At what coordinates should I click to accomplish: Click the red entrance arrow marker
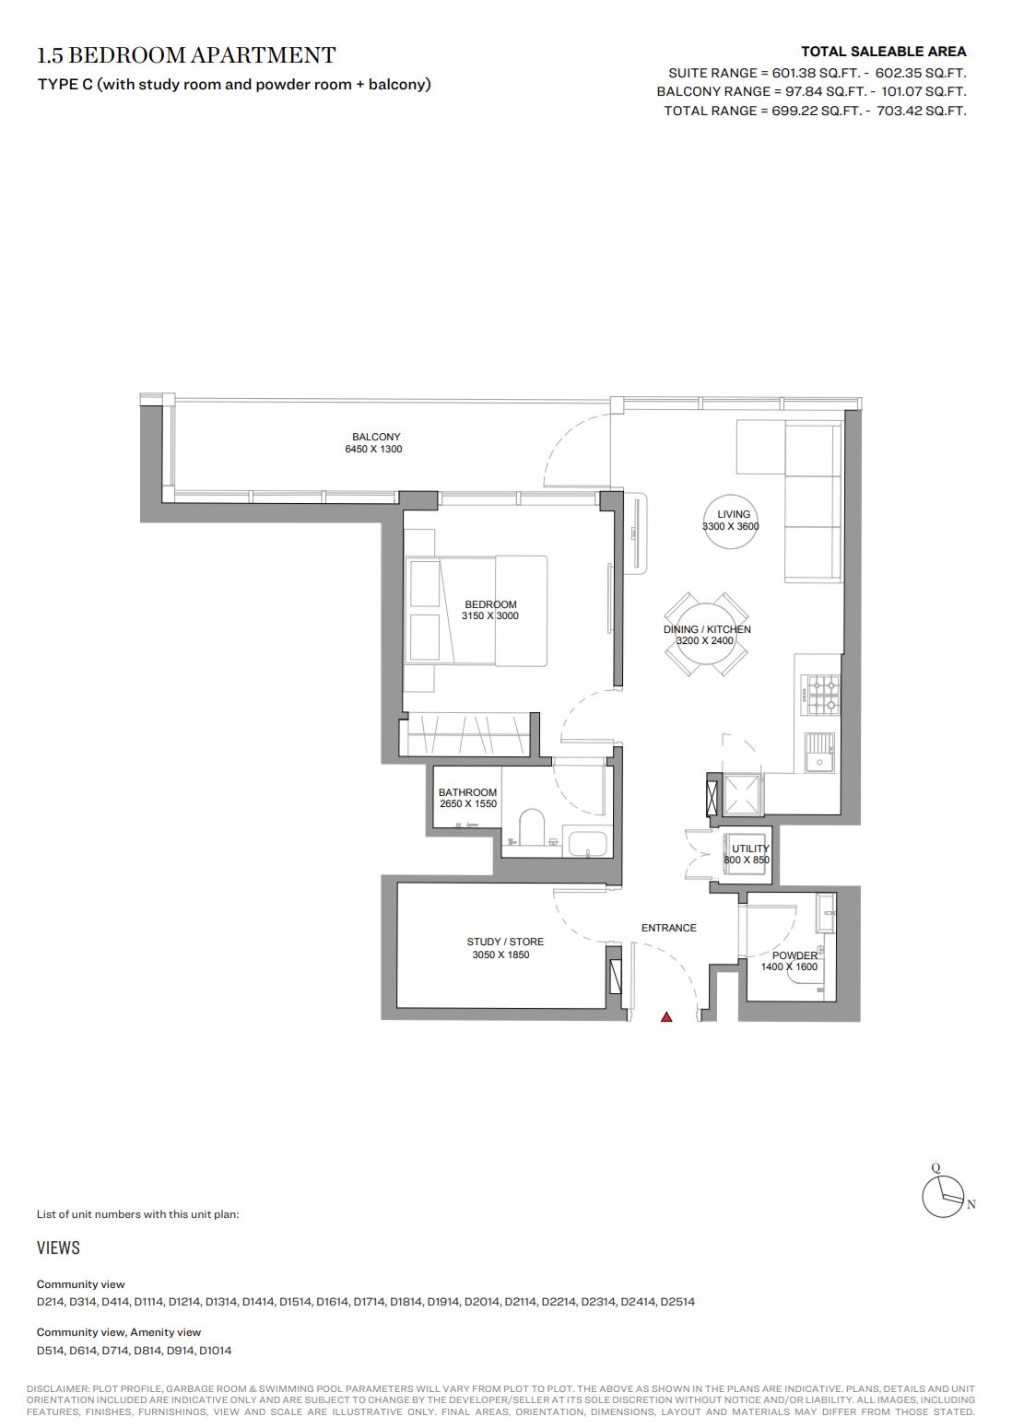[x=666, y=1017]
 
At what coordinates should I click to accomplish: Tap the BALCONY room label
[x=376, y=437]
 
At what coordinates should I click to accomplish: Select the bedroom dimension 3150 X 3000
[x=490, y=615]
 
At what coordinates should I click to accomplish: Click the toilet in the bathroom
[x=531, y=826]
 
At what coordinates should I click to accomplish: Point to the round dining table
[x=706, y=635]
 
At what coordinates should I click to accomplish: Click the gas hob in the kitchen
[x=823, y=695]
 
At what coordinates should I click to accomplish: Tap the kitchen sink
[x=820, y=753]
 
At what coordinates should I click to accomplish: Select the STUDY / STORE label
[x=505, y=942]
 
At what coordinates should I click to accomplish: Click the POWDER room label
[x=794, y=955]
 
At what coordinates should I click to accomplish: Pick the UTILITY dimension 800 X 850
[x=747, y=860]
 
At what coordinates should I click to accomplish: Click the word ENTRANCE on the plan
[x=669, y=928]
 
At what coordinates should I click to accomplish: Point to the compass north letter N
[x=971, y=1205]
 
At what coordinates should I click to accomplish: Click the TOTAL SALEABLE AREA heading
[x=883, y=52]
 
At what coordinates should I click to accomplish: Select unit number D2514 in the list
[x=677, y=1302]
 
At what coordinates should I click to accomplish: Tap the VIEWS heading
[x=58, y=1247]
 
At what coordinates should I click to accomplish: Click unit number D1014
[x=215, y=1351]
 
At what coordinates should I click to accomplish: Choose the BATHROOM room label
[x=467, y=792]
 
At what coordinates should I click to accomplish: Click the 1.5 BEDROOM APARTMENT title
[x=186, y=55]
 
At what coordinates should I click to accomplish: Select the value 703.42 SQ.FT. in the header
[x=922, y=111]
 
